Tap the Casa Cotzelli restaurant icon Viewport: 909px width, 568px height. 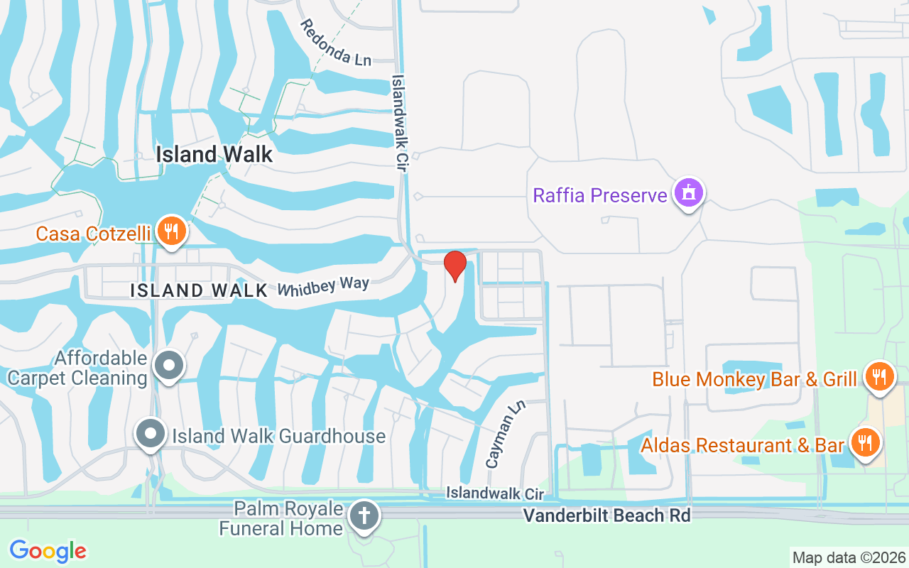click(x=171, y=231)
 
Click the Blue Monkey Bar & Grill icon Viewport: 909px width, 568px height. click(x=879, y=376)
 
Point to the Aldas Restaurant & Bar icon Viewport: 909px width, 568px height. click(x=864, y=444)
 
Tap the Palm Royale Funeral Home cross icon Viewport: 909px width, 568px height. click(x=365, y=516)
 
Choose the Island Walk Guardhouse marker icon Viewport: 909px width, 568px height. click(x=151, y=435)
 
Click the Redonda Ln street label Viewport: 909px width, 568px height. click(x=335, y=43)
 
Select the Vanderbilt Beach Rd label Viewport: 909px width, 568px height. click(x=606, y=515)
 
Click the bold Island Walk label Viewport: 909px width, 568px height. click(x=214, y=154)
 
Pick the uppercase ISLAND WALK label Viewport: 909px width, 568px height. click(x=199, y=290)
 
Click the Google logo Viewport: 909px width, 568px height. click(x=48, y=550)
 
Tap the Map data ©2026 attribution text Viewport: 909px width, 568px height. click(x=849, y=557)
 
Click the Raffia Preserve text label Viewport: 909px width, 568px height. click(x=600, y=195)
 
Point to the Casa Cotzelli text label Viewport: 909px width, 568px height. click(x=93, y=234)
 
